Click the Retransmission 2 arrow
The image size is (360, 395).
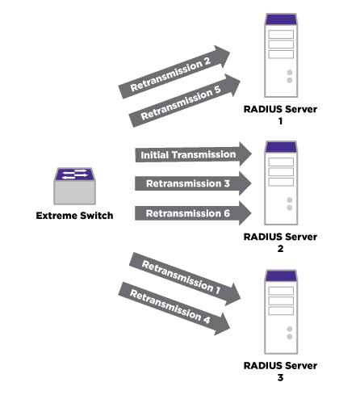(x=174, y=72)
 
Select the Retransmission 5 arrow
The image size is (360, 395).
(x=185, y=100)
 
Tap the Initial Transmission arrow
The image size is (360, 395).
(x=193, y=154)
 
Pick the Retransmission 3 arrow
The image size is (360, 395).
(x=193, y=183)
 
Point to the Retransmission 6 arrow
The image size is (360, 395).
(x=193, y=213)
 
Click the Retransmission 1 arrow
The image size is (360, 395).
(x=185, y=279)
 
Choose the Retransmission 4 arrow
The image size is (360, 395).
(x=174, y=309)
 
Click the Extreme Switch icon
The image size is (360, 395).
(x=74, y=186)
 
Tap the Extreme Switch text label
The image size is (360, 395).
(x=74, y=216)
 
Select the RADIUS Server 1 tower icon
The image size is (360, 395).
(x=281, y=55)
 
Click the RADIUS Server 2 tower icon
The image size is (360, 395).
(x=281, y=183)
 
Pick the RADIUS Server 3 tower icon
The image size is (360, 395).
(x=281, y=312)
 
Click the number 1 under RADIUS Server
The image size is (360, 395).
(x=280, y=121)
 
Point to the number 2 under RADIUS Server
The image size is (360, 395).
(x=280, y=249)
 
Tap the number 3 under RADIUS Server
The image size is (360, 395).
(x=280, y=377)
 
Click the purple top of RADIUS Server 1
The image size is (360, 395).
(x=281, y=19)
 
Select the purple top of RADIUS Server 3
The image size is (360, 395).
(x=281, y=275)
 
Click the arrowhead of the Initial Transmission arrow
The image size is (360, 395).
(x=245, y=154)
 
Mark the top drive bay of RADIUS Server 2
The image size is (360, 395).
(x=281, y=162)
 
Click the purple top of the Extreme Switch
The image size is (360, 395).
(x=74, y=174)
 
